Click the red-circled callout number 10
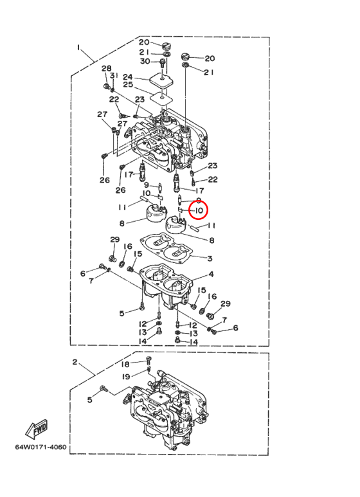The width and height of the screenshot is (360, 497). coord(199,210)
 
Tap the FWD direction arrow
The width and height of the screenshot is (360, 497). coord(37,429)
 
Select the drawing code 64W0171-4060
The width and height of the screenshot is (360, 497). coord(41,447)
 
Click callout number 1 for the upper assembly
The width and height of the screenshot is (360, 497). coord(78,48)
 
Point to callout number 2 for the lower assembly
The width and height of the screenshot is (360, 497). coord(75,362)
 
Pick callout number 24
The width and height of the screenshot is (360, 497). coord(128,77)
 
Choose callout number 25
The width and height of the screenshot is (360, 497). coord(128,85)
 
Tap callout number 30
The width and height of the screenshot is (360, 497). coord(145,60)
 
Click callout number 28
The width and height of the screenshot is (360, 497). coord(107,68)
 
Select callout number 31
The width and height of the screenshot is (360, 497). coord(114,75)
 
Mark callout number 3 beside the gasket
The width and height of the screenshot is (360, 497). coord(210,258)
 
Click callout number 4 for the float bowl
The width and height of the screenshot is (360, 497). coord(211,274)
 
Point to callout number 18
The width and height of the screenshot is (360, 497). coord(126,364)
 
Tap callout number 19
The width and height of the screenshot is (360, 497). coord(126,377)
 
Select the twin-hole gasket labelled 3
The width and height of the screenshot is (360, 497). coord(166,249)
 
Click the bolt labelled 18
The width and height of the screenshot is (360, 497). coord(148,361)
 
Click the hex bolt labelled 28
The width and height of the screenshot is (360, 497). coord(107,86)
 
